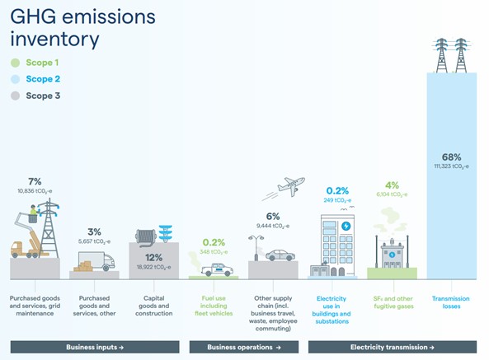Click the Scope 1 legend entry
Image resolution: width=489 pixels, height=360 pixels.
click(x=36, y=63)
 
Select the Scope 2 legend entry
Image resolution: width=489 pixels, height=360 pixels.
click(x=36, y=79)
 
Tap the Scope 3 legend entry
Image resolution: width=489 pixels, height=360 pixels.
click(x=36, y=96)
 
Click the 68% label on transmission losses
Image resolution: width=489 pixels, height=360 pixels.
click(x=450, y=157)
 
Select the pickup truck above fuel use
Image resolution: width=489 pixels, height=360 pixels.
click(x=217, y=269)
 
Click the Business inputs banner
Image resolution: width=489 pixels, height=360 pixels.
click(x=95, y=347)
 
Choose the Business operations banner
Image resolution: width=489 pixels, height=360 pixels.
click(x=245, y=347)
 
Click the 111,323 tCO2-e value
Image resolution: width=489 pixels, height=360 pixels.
click(x=450, y=167)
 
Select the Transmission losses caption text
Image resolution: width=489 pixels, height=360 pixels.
click(x=450, y=302)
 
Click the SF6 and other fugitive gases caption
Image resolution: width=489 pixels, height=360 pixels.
click(x=393, y=302)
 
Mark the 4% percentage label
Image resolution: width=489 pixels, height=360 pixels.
click(x=392, y=185)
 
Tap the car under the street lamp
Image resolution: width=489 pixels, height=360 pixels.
click(x=280, y=255)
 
